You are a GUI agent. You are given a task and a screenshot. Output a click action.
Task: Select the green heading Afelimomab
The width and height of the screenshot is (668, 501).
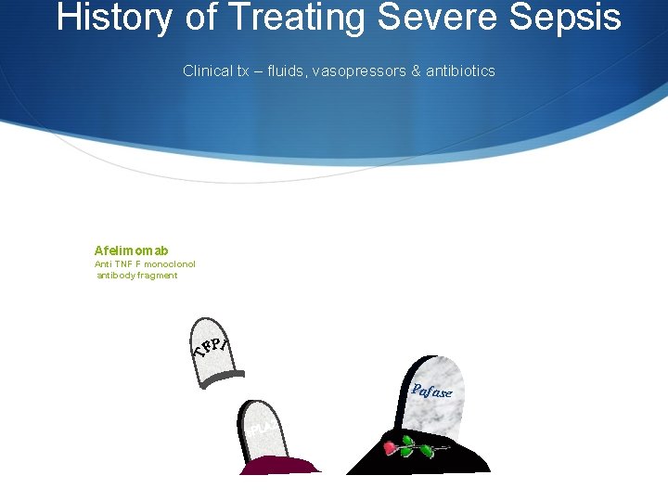tap(131, 250)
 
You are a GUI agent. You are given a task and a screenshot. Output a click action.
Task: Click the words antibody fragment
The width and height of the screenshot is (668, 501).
tap(137, 276)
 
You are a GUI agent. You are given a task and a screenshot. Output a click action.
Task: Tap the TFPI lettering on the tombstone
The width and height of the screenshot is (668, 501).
tap(212, 346)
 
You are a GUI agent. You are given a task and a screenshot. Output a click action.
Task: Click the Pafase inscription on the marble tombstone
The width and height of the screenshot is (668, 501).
tap(431, 391)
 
